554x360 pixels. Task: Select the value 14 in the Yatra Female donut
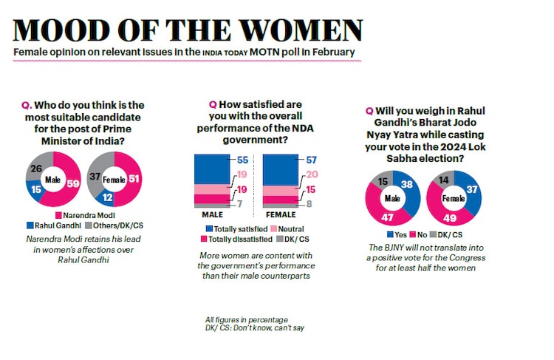pyautogui.click(x=443, y=180)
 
